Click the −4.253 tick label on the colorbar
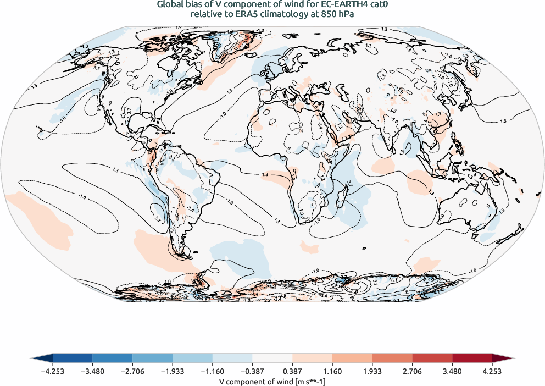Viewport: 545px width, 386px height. (53, 372)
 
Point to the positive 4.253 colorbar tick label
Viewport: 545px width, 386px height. (492, 372)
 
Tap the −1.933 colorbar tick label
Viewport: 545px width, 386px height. (173, 372)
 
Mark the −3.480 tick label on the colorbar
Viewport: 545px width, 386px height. (92, 372)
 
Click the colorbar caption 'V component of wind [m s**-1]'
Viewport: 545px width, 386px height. (272, 381)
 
